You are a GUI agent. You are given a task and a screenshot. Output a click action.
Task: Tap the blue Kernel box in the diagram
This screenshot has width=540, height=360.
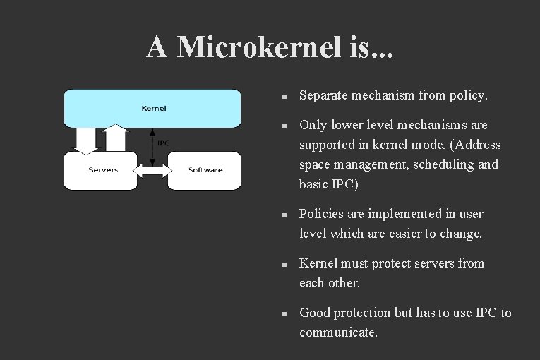pos(153,108)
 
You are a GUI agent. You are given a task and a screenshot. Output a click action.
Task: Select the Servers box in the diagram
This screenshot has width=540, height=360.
pos(103,170)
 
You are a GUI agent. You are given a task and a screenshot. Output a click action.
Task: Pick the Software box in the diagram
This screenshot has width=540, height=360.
pos(205,170)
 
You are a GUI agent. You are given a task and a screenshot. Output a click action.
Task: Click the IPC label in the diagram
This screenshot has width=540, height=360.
pos(163,143)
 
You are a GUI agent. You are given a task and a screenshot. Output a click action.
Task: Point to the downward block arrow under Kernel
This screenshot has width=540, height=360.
pos(87,140)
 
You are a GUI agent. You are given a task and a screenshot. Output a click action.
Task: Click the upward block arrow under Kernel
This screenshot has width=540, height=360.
pos(115,138)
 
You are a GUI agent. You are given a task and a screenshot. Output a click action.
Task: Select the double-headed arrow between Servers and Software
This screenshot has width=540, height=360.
pos(152,170)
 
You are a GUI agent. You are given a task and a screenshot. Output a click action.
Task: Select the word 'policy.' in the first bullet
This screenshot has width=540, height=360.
pos(469,95)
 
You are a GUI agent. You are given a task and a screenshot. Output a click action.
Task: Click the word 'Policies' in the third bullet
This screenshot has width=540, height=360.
pos(322,214)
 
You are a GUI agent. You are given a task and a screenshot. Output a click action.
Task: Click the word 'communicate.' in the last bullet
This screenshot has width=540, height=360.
pos(338,332)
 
